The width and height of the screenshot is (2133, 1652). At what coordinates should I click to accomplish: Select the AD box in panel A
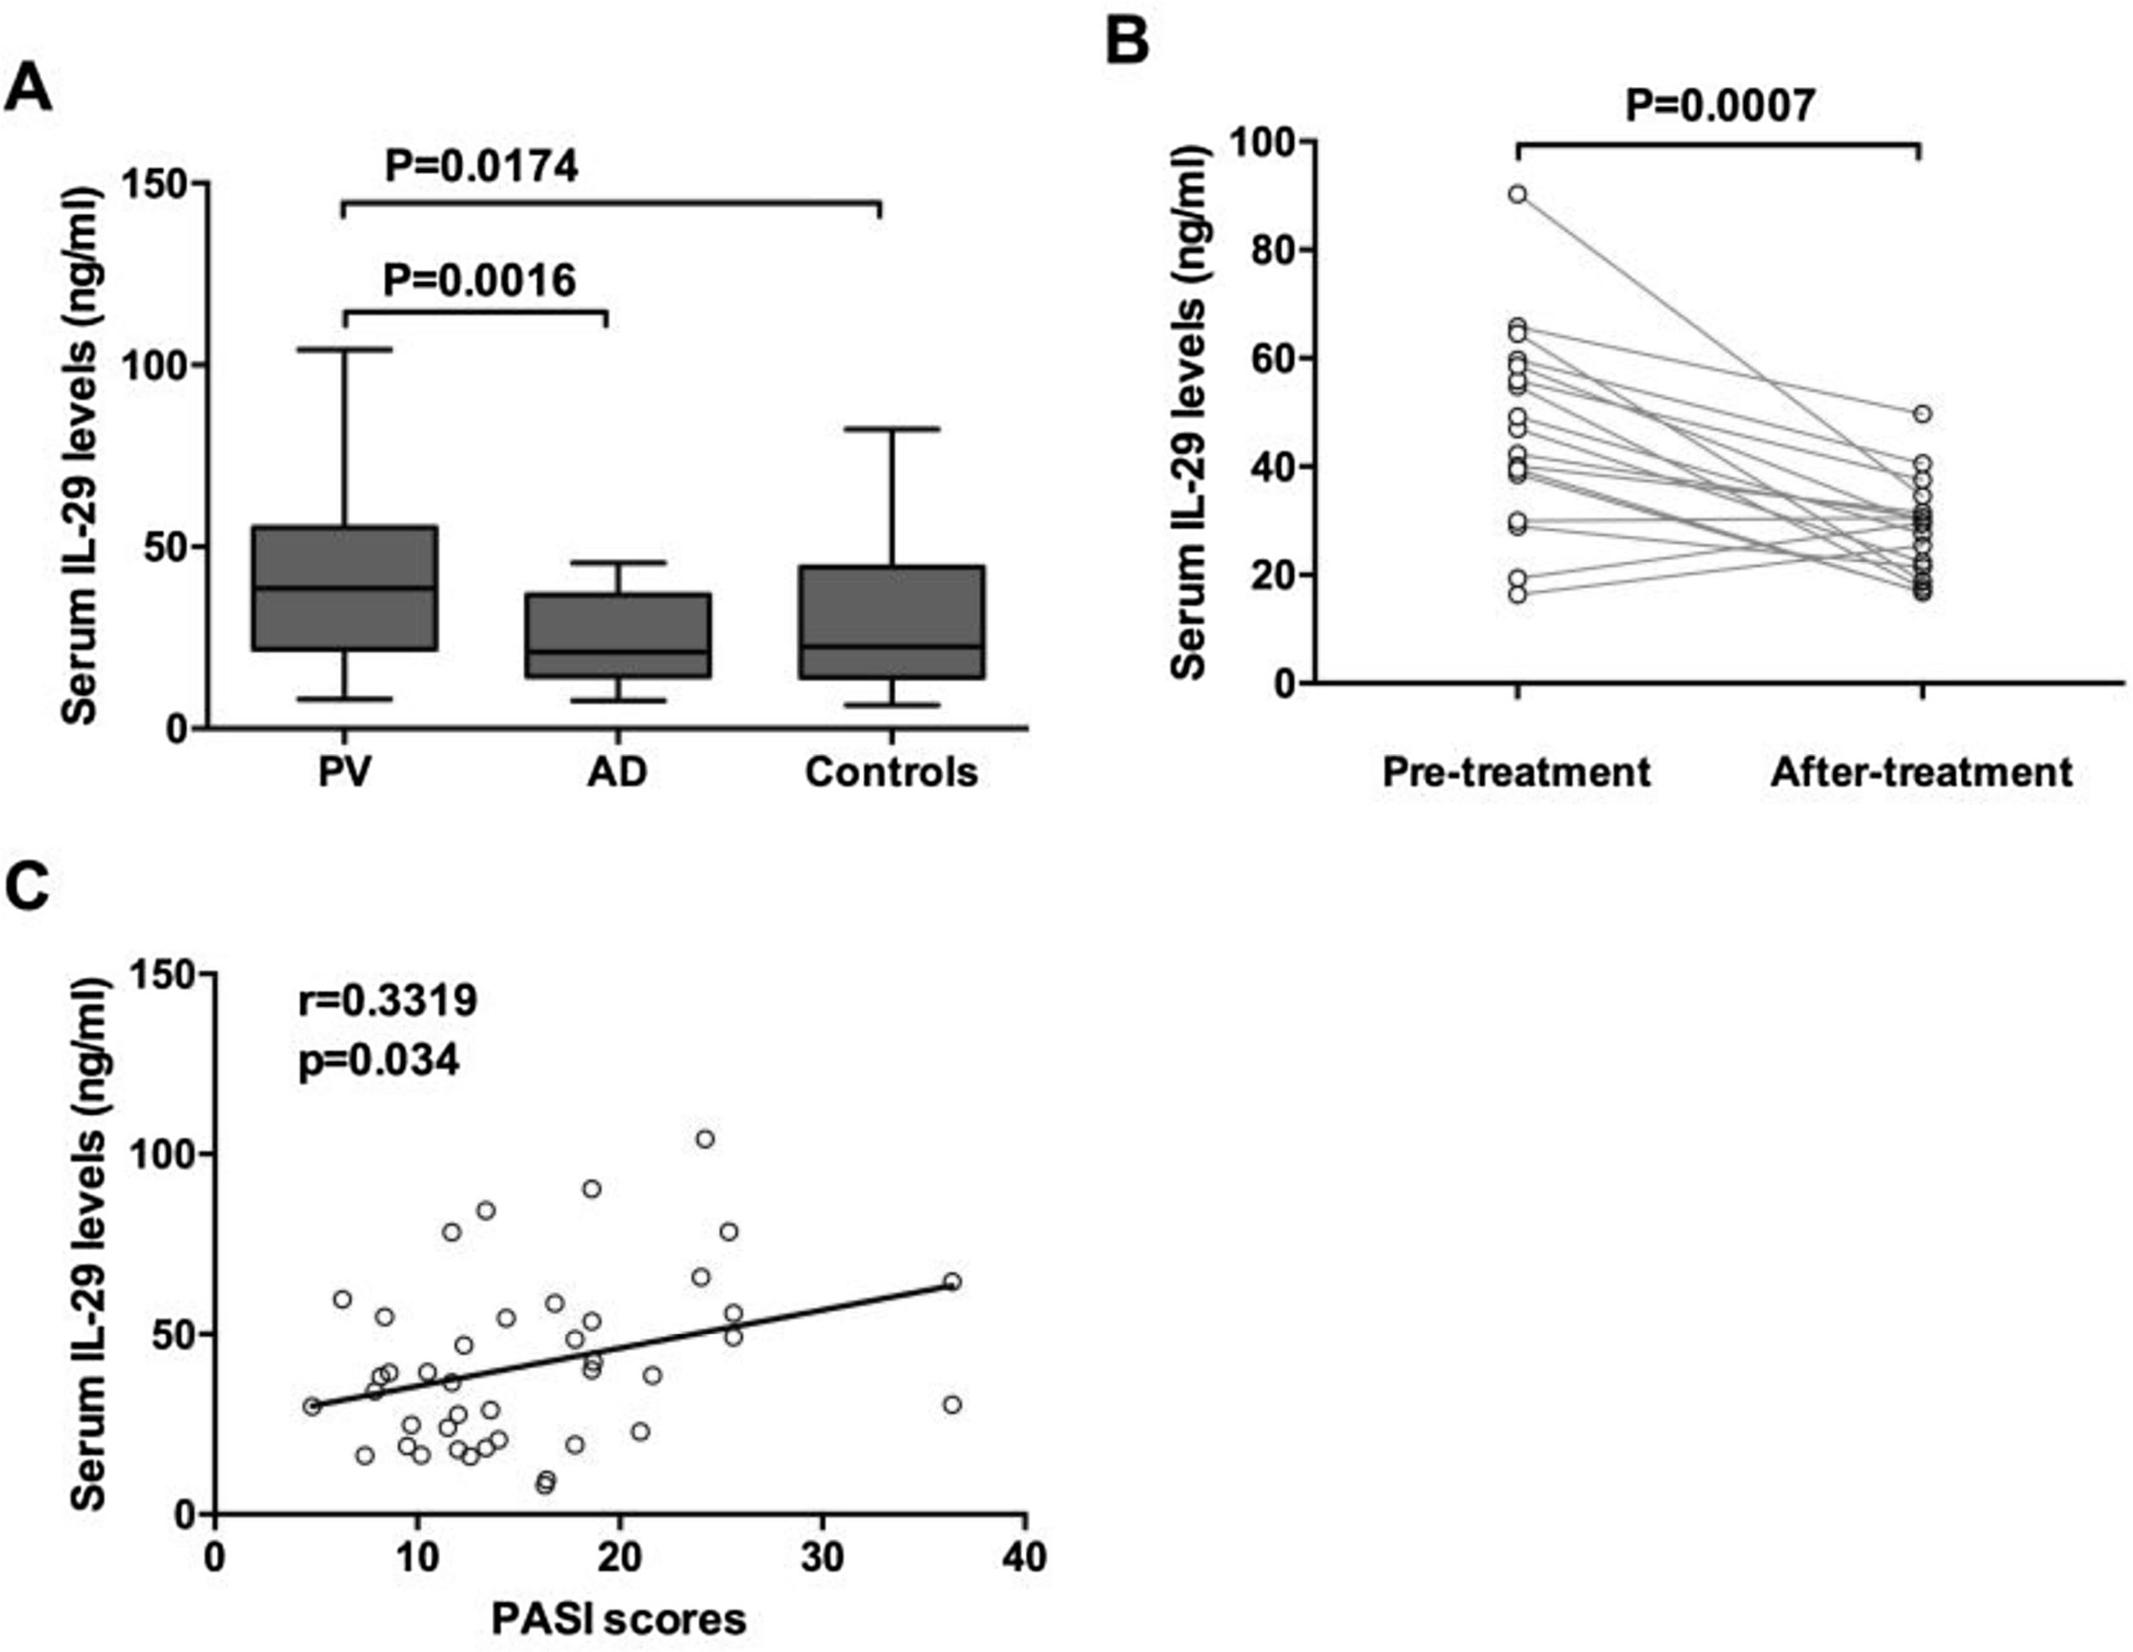point(619,635)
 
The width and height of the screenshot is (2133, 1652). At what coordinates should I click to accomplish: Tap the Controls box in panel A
point(891,621)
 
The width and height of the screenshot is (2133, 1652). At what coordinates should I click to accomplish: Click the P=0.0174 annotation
point(481,166)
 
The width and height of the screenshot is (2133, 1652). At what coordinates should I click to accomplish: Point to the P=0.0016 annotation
point(479,281)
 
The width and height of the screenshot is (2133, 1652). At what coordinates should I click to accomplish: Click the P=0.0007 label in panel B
point(1719,104)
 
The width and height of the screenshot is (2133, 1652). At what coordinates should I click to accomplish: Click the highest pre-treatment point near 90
point(1517,194)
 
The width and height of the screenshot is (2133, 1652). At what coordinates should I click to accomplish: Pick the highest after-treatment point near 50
point(1922,414)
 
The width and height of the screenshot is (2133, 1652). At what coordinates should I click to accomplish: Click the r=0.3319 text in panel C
point(387,1000)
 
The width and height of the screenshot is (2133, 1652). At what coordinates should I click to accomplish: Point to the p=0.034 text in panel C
point(379,1060)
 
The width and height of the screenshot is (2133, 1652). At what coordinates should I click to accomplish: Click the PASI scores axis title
point(619,1619)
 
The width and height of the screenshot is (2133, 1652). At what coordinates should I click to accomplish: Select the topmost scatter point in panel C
point(705,1139)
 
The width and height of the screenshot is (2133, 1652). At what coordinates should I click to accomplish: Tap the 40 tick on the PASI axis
point(1025,1557)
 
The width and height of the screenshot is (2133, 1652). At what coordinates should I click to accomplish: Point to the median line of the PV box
point(345,588)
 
